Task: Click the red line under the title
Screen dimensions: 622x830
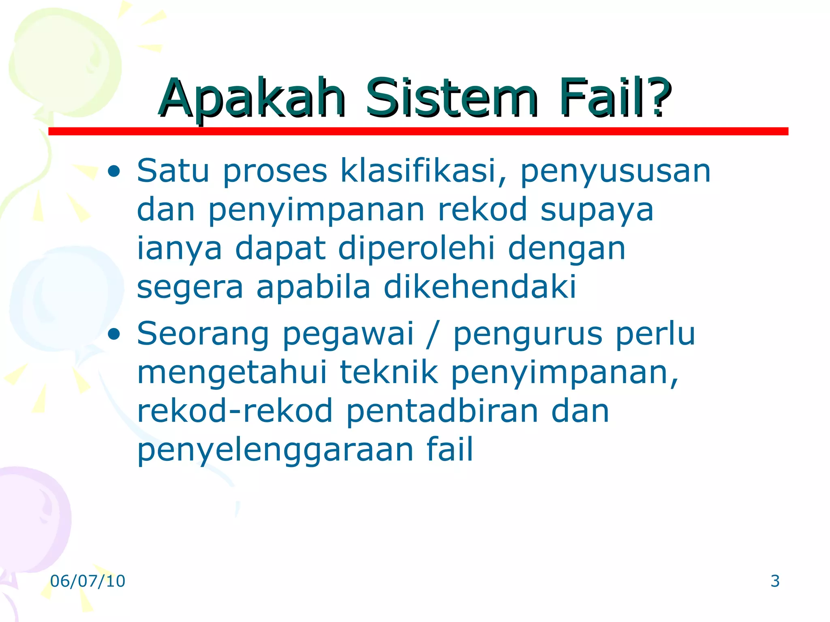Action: coord(417,131)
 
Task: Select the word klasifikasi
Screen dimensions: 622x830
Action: coord(424,171)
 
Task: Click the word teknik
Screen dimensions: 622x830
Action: coord(389,372)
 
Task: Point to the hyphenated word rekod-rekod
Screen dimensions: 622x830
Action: coord(235,410)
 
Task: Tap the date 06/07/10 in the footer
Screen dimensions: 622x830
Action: coord(88,581)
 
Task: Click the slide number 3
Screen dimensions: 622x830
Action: coord(775,581)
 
